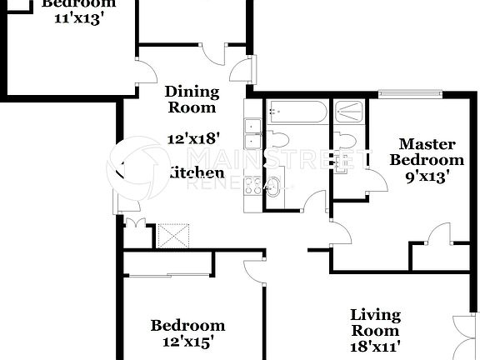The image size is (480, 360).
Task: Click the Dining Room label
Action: pyautogui.click(x=192, y=99)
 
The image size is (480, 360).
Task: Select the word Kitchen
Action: pyautogui.click(x=197, y=173)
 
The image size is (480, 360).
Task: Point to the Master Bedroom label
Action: pyautogui.click(x=427, y=152)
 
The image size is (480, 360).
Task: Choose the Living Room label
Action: pyautogui.click(x=375, y=322)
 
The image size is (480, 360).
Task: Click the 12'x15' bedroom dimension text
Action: pyautogui.click(x=187, y=341)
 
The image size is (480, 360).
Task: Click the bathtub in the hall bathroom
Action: pyautogui.click(x=296, y=112)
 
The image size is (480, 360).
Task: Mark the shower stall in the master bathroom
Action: pyautogui.click(x=349, y=112)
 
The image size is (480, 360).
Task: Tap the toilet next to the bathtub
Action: pyautogui.click(x=277, y=138)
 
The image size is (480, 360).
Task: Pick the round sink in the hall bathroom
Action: pyautogui.click(x=272, y=187)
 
